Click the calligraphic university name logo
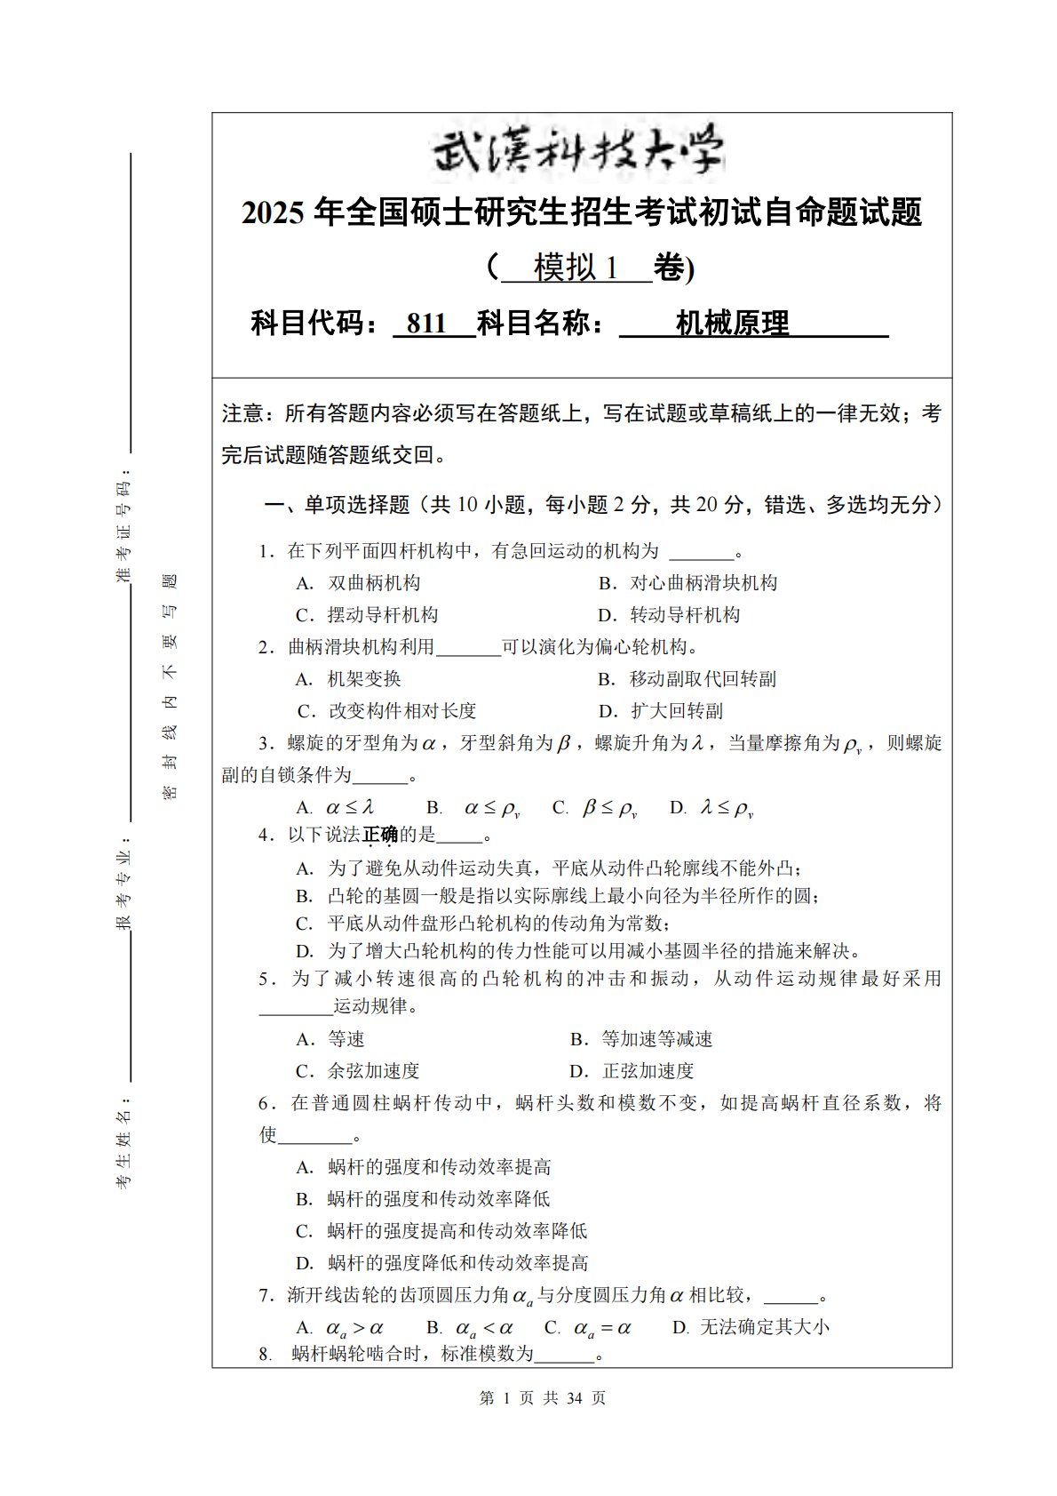pyautogui.click(x=578, y=152)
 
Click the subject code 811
pyautogui.click(x=425, y=324)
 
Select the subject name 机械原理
pyautogui.click(x=732, y=324)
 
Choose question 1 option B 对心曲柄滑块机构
pyautogui.click(x=687, y=583)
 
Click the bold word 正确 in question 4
pyautogui.click(x=380, y=835)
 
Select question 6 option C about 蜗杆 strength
pyautogui.click(x=441, y=1231)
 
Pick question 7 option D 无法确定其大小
pyautogui.click(x=751, y=1328)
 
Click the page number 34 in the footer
pyautogui.click(x=574, y=1398)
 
